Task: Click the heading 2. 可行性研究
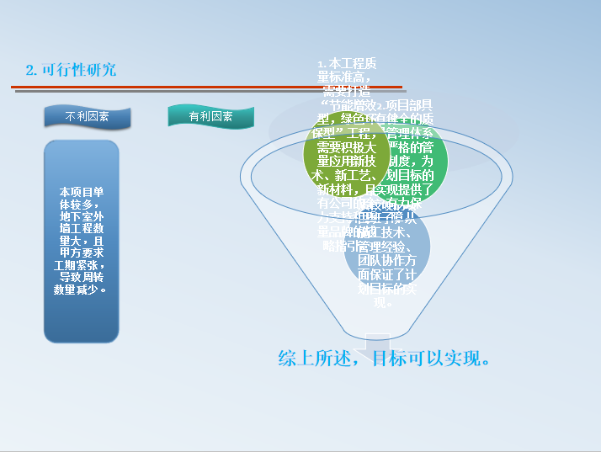pyautogui.click(x=71, y=70)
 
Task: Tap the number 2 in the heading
pyautogui.click(x=30, y=70)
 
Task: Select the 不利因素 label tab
pyautogui.click(x=88, y=117)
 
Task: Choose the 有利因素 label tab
pyautogui.click(x=210, y=117)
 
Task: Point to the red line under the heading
pyautogui.click(x=202, y=86)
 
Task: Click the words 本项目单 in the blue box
pyautogui.click(x=82, y=192)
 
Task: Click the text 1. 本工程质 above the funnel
pyautogui.click(x=347, y=64)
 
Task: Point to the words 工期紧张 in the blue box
pyautogui.click(x=79, y=265)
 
